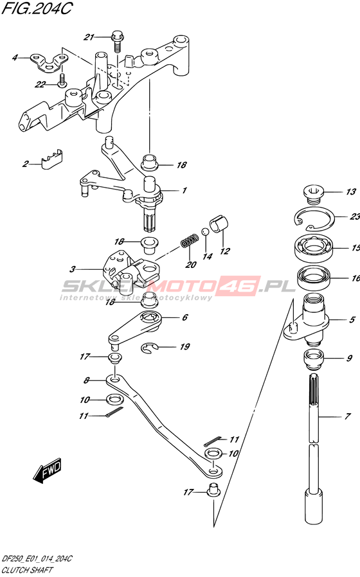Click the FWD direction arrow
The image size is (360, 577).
click(48, 470)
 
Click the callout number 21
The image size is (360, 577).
click(89, 37)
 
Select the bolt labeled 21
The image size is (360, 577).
click(116, 42)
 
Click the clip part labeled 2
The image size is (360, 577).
click(51, 160)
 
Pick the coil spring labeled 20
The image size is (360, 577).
click(190, 241)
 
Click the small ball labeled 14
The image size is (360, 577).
click(206, 231)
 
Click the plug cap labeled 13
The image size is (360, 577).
click(313, 194)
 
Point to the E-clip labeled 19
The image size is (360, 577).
click(150, 348)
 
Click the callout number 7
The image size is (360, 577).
click(347, 416)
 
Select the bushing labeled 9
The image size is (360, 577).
click(313, 359)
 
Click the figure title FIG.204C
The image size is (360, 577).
click(37, 8)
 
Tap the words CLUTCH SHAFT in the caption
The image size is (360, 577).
click(27, 571)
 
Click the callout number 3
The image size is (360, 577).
click(73, 269)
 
